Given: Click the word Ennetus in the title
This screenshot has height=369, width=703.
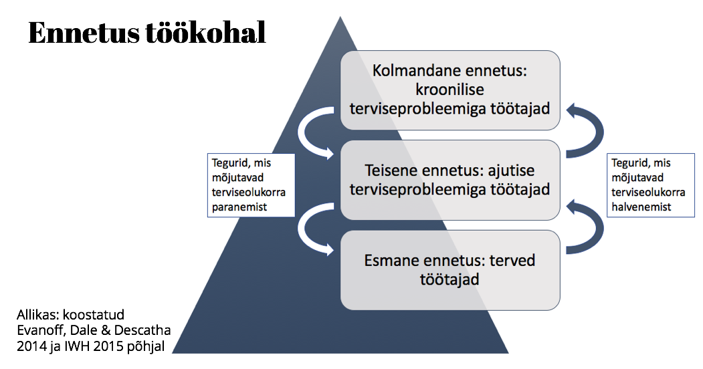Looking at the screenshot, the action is pos(84,32).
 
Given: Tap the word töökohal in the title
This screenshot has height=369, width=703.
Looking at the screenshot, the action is pos(206,32).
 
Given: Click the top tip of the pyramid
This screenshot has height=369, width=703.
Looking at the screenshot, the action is pos(340,17).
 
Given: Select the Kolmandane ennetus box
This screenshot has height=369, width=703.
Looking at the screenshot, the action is pos(450,90).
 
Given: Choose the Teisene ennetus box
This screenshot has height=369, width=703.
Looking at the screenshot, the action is pos(450,180).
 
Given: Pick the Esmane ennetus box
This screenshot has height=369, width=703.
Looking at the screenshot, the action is pos(450,270).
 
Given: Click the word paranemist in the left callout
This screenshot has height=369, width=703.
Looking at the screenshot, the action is pos(239,207).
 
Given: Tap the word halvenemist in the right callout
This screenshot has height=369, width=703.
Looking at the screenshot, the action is pos(641,207).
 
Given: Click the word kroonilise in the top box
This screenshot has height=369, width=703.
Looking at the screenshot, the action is pos(449,90).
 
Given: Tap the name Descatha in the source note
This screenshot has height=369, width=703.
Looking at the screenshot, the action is pos(142,330).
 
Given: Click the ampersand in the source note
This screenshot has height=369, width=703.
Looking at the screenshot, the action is pos(106,330).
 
